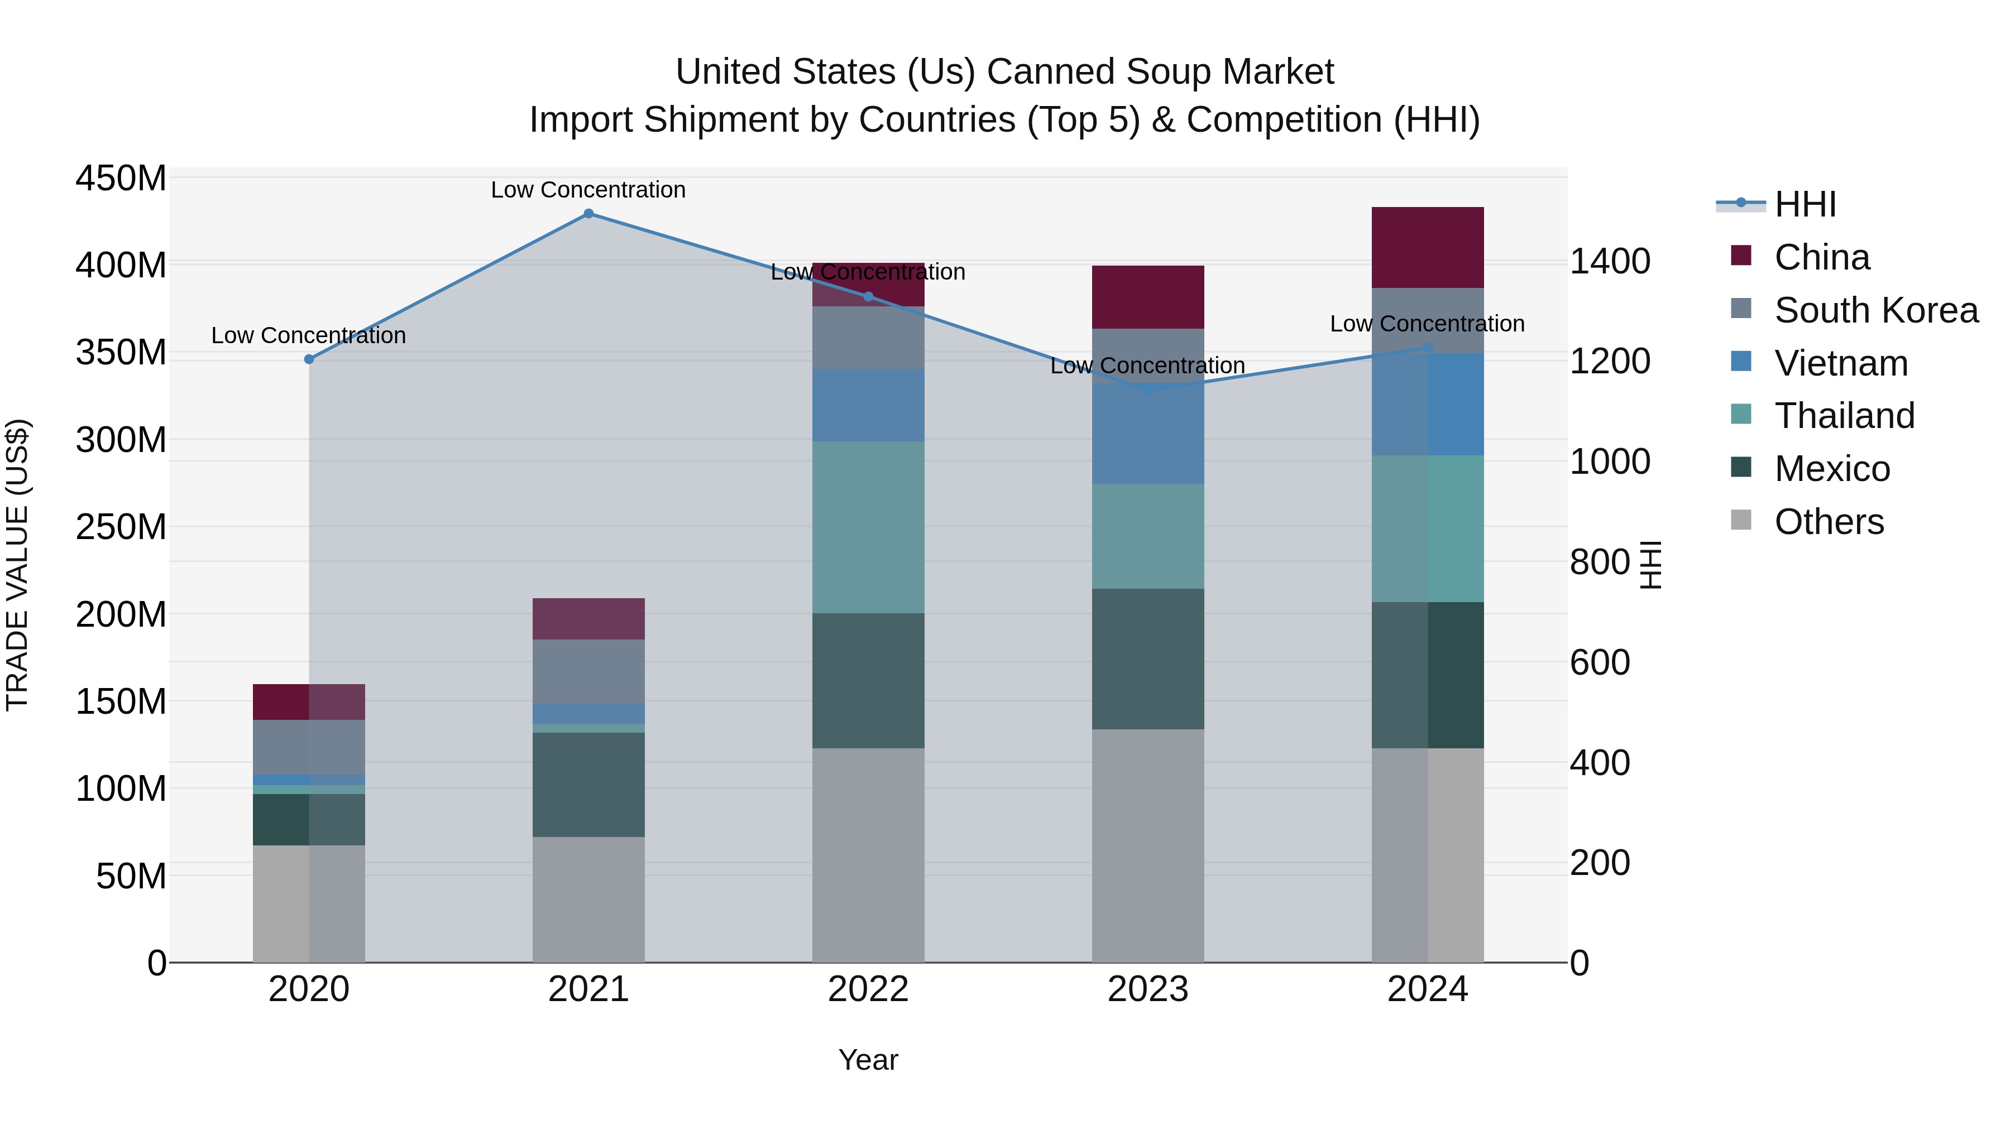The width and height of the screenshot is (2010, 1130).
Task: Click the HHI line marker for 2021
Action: click(x=588, y=214)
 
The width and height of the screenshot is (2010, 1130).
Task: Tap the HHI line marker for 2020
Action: click(x=309, y=359)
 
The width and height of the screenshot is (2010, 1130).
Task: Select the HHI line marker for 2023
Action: click(x=1148, y=389)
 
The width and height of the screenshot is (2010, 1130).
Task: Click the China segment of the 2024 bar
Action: click(x=1427, y=248)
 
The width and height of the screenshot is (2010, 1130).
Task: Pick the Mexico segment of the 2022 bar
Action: click(x=868, y=681)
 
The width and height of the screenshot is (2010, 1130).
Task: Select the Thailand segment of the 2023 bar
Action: click(x=1148, y=536)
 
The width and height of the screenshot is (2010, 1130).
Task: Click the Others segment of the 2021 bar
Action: click(x=588, y=899)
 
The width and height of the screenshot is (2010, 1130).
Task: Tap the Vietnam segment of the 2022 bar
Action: click(x=868, y=406)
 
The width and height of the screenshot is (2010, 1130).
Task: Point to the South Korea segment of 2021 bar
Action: click(x=588, y=672)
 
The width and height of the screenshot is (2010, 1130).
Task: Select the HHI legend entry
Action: click(x=1805, y=204)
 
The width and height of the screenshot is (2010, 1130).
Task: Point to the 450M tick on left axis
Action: click(x=121, y=179)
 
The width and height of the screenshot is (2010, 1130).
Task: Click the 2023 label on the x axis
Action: click(x=1148, y=989)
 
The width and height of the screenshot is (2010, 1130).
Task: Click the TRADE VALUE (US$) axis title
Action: click(x=17, y=565)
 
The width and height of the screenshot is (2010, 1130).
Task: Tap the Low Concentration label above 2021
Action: click(x=588, y=190)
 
